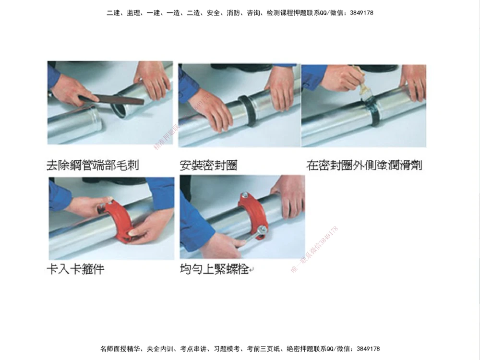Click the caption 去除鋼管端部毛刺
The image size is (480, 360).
(x=93, y=166)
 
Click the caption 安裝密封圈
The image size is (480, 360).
(x=208, y=166)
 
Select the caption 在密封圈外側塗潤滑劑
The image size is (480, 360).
(x=364, y=166)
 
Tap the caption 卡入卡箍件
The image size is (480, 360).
(x=75, y=269)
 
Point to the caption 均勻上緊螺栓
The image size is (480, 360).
(x=214, y=269)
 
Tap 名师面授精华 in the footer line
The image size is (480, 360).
(x=117, y=348)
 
